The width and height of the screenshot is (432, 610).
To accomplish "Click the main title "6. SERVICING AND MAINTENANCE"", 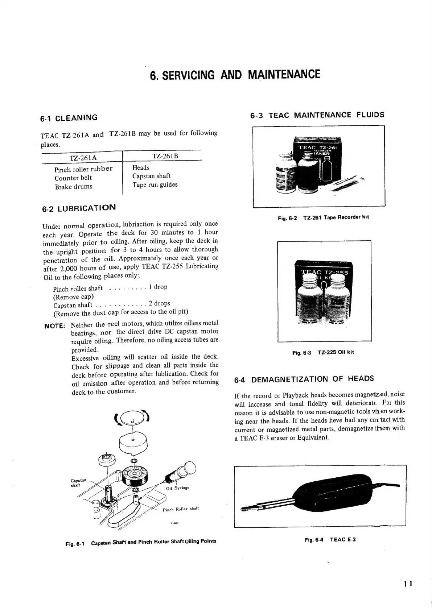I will pyautogui.click(x=235, y=75).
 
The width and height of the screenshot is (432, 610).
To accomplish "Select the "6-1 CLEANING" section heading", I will pyautogui.click(x=69, y=118).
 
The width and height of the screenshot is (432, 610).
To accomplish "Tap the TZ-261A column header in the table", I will pyautogui.click(x=83, y=157).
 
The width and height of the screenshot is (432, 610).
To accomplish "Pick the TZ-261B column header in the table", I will pyautogui.click(x=165, y=156).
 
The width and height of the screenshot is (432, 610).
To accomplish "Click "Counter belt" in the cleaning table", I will pyautogui.click(x=73, y=178).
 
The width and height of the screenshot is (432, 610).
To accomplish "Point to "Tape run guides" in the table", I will pyautogui.click(x=155, y=184).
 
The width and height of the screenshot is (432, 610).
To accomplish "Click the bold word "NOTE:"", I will pyautogui.click(x=55, y=326).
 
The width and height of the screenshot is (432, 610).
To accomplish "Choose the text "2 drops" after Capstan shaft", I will pyautogui.click(x=159, y=303).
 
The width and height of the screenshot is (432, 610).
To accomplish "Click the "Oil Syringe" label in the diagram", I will pyautogui.click(x=177, y=488).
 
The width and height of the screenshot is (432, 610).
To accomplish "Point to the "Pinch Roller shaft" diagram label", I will pyautogui.click(x=181, y=509).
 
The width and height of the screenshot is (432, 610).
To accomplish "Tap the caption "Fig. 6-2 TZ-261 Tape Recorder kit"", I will pyautogui.click(x=323, y=217).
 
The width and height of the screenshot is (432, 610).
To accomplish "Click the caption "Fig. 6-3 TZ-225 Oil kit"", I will pyautogui.click(x=323, y=352).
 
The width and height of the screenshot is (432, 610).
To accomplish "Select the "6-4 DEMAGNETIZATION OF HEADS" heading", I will pyautogui.click(x=304, y=379).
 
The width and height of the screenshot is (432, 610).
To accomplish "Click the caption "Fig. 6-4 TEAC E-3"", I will pyautogui.click(x=330, y=540).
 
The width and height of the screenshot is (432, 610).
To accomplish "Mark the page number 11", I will pyautogui.click(x=408, y=584).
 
